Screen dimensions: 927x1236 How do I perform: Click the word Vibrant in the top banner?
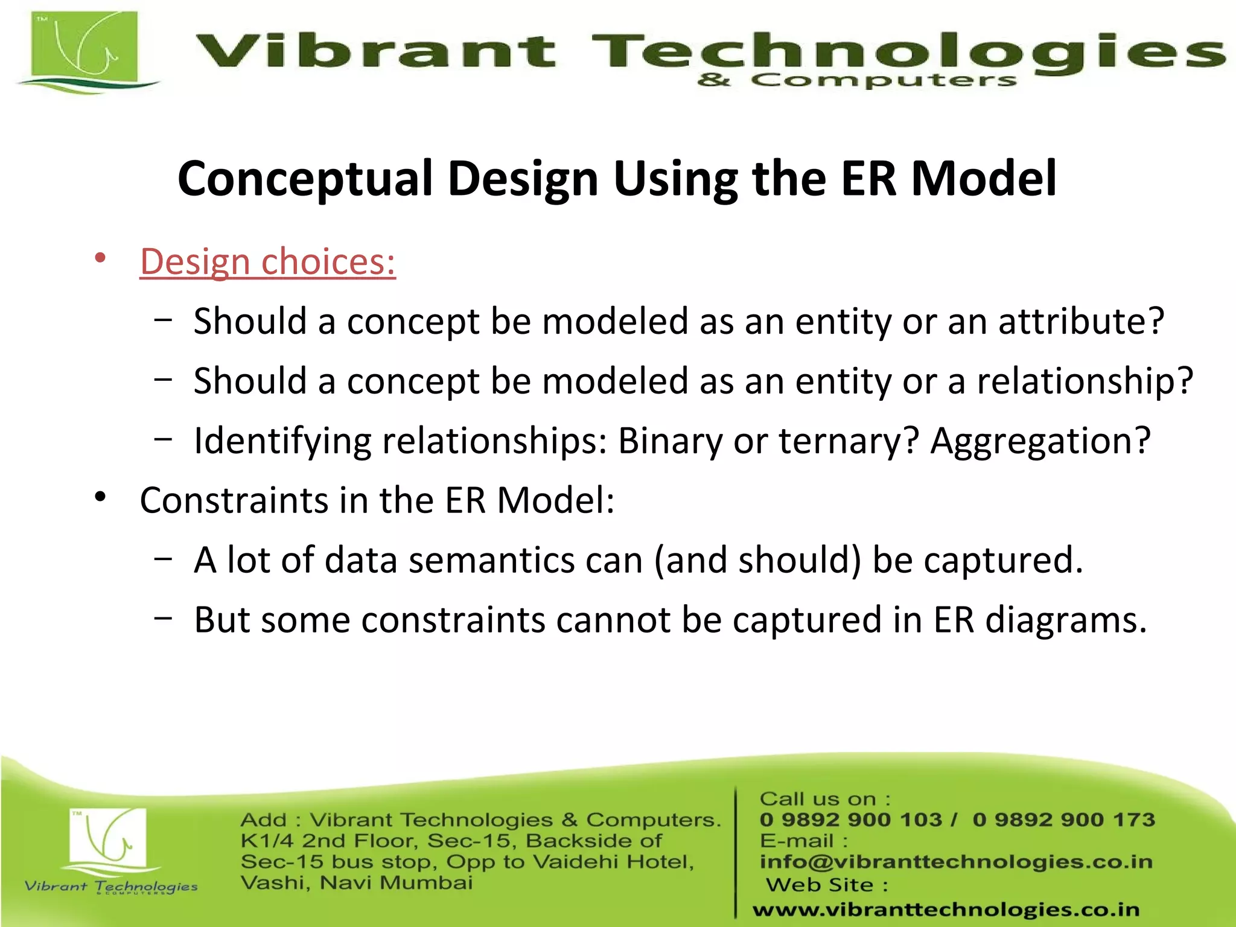click(374, 51)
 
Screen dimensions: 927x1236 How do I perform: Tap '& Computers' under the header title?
click(857, 80)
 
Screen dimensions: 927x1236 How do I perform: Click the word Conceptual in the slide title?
click(305, 179)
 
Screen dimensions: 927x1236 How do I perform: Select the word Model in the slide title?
click(984, 179)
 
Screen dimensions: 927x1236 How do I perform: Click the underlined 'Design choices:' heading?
click(267, 262)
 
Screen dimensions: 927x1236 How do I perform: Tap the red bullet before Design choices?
click(100, 258)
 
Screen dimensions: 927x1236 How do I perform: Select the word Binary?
click(670, 441)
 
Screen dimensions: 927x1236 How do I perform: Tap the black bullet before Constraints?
click(100, 497)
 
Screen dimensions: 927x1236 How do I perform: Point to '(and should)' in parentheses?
click(758, 561)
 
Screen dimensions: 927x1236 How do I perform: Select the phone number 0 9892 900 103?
click(850, 820)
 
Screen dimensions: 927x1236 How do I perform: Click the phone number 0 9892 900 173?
click(1064, 820)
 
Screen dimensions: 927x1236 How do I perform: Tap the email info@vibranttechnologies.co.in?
click(956, 862)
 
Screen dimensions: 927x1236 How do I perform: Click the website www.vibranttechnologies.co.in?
click(946, 909)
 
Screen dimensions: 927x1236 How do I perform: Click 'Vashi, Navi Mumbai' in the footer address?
click(357, 883)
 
